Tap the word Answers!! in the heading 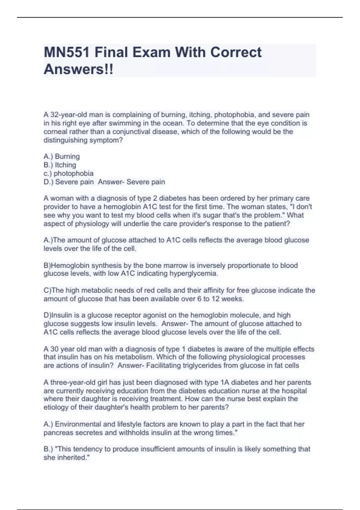[x=79, y=69]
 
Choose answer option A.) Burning [x=62, y=157]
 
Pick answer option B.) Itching [x=60, y=165]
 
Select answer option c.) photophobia [x=68, y=173]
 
